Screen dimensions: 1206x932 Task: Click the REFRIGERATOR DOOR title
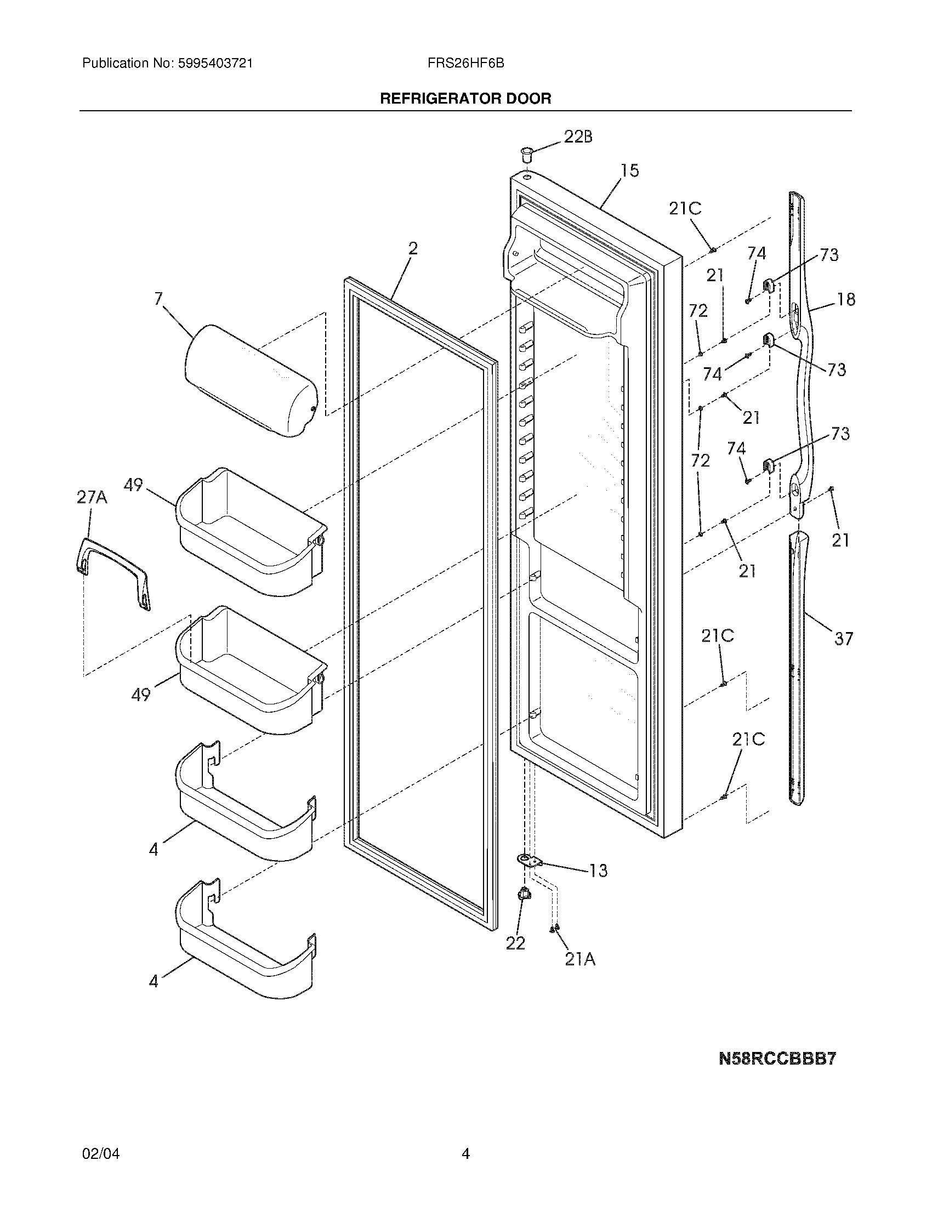[x=465, y=99]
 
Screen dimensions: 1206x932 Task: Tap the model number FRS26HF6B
[x=465, y=64]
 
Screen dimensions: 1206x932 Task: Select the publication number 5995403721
[x=215, y=64]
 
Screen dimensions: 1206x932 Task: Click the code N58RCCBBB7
[x=777, y=1059]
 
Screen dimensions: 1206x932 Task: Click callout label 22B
[x=577, y=137]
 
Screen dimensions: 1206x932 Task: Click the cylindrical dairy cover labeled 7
[x=251, y=381]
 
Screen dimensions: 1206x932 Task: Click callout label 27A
[x=92, y=498]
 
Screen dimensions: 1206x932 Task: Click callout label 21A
[x=579, y=960]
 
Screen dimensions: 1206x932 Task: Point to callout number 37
[x=843, y=639]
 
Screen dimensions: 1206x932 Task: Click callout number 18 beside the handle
[x=846, y=299]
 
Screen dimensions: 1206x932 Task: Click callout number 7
[x=158, y=299]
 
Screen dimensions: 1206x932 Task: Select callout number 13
[x=598, y=871]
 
